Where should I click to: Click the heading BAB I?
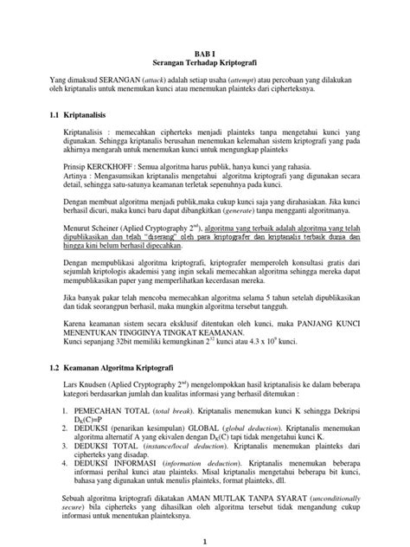click(205, 53)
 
